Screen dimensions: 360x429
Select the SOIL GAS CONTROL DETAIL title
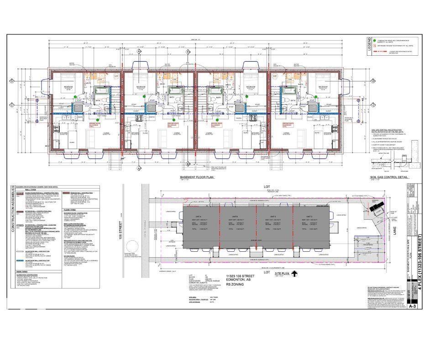(x=385, y=177)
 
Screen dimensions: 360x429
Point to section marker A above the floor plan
(x=139, y=51)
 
